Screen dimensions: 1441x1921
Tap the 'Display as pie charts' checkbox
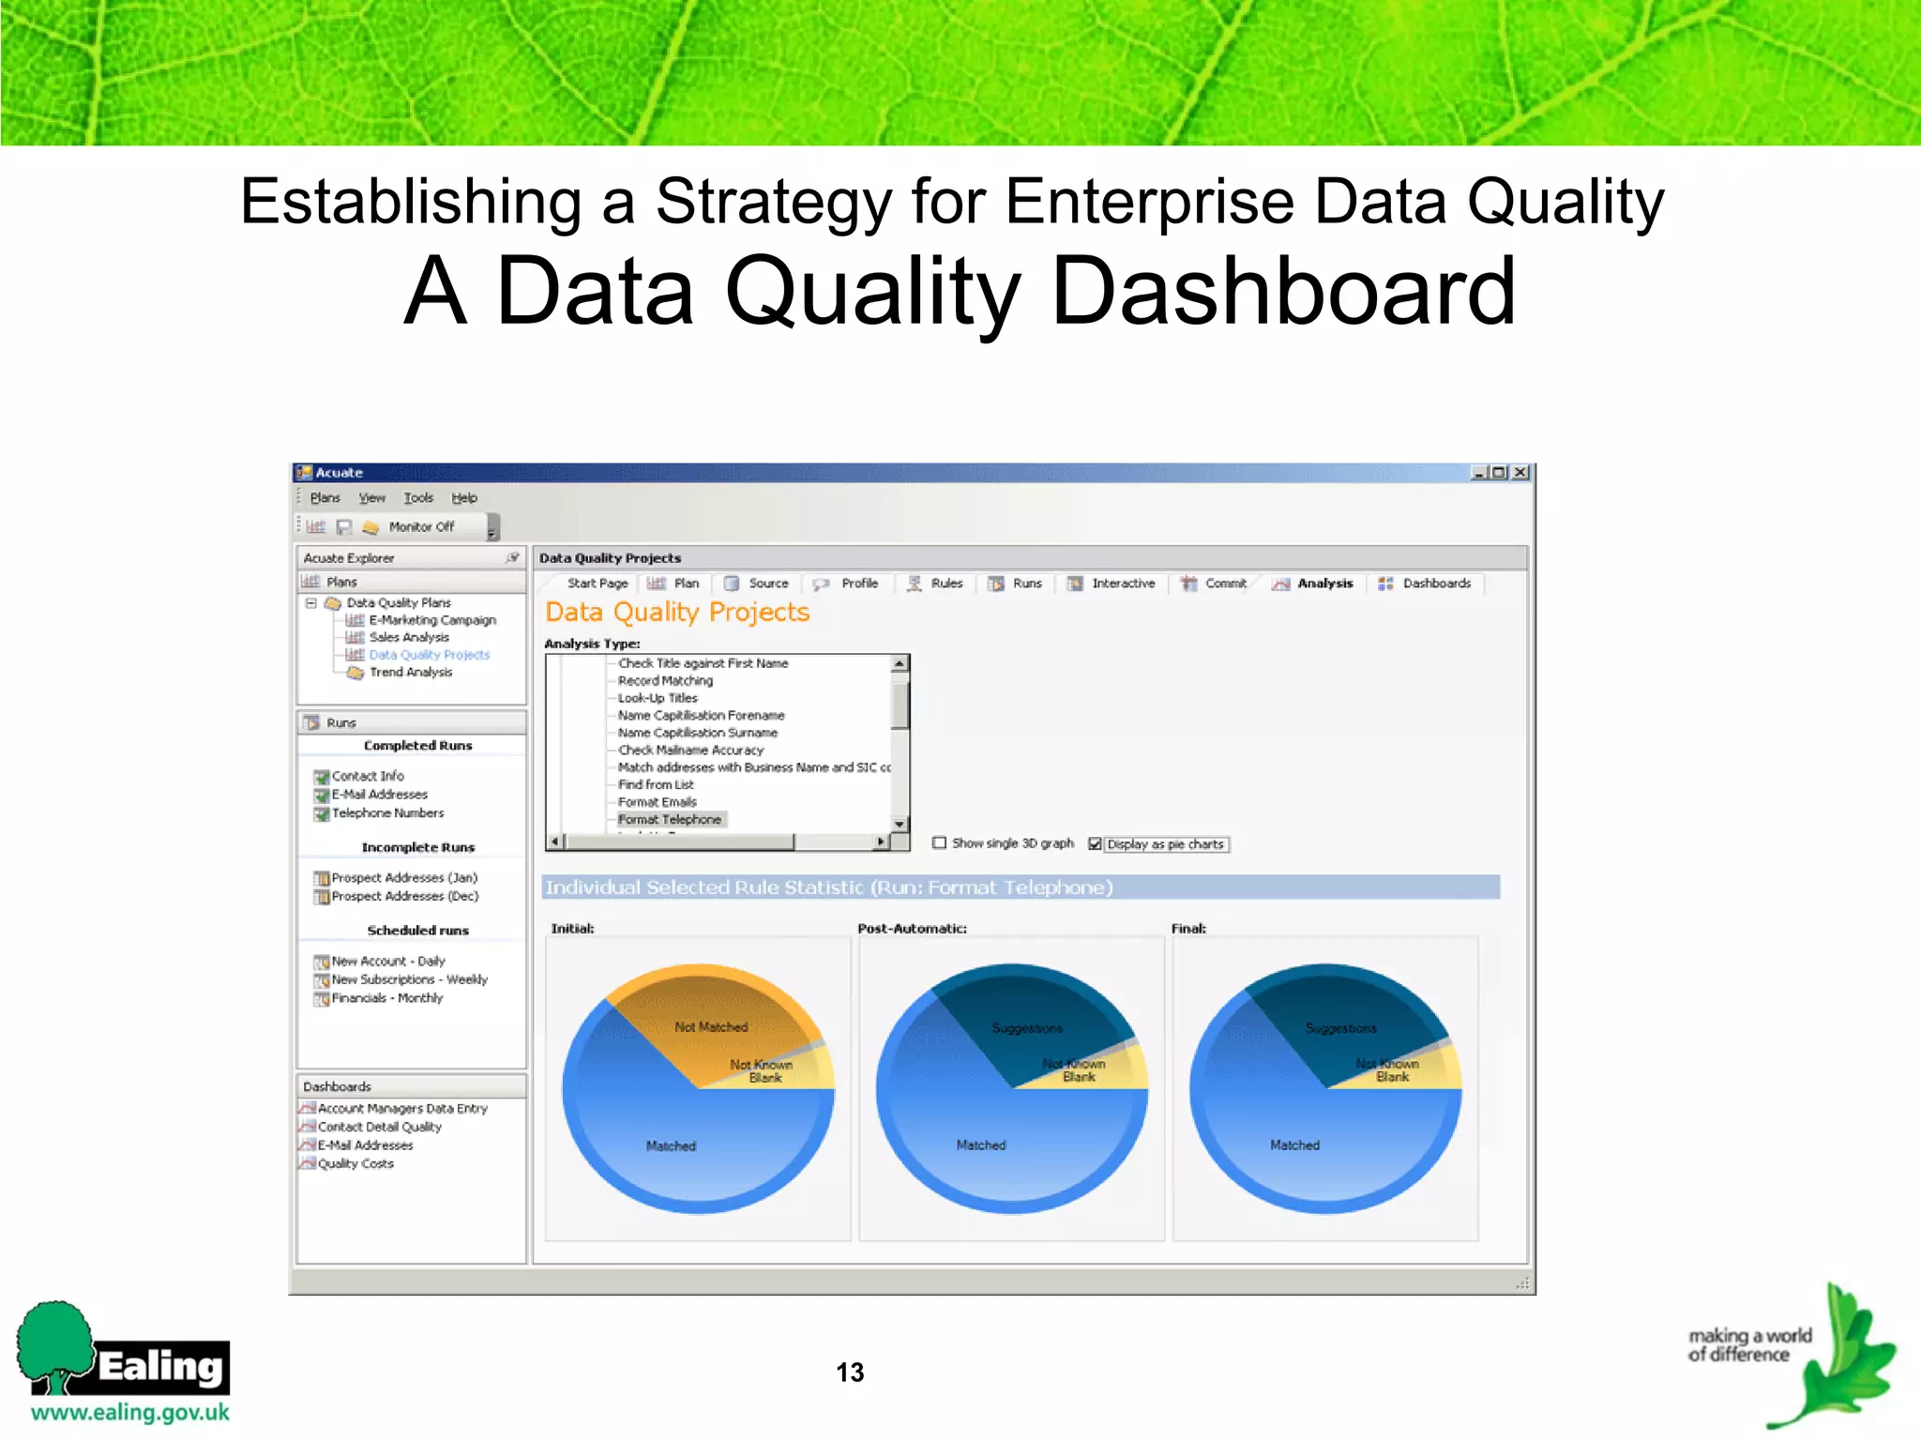point(1095,843)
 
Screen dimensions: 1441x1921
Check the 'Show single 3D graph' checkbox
point(939,842)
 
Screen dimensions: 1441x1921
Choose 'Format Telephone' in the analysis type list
point(669,819)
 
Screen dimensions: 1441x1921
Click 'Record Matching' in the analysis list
point(665,680)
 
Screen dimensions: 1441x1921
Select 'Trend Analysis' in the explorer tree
point(410,672)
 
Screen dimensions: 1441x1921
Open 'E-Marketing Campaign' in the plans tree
point(431,620)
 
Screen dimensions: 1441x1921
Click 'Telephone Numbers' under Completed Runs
point(387,812)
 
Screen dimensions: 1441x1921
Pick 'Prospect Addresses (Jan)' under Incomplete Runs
point(404,877)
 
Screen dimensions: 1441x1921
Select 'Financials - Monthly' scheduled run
point(386,997)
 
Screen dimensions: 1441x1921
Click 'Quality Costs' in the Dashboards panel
point(355,1163)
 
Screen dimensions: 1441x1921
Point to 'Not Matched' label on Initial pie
point(711,1027)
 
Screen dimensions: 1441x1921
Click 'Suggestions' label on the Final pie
point(1340,1028)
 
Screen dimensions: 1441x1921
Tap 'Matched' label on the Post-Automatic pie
point(981,1145)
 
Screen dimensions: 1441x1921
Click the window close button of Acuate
point(1520,473)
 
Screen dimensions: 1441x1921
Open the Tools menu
point(418,498)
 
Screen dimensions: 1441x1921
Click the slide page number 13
point(850,1373)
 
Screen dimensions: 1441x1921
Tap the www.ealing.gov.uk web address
point(130,1412)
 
